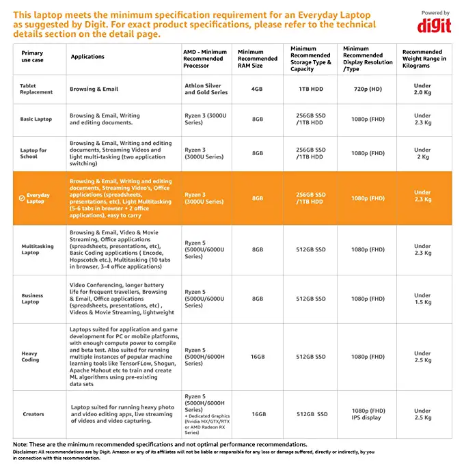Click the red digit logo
[434, 26]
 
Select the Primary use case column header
[32, 57]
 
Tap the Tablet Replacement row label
[36, 89]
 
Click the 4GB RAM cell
[257, 89]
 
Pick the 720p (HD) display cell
[368, 89]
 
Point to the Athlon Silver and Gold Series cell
[206, 89]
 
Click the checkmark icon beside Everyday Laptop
[22, 198]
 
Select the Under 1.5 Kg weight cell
[422, 299]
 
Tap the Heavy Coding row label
[30, 357]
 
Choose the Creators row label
[33, 414]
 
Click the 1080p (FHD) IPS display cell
[368, 414]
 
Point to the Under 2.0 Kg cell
[422, 89]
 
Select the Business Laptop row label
[32, 299]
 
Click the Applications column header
[87, 57]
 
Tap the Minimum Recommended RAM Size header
[258, 59]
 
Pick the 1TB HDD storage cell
[311, 89]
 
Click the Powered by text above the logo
[435, 13]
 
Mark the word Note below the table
[20, 444]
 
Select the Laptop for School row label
[33, 153]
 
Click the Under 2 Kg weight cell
[422, 153]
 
